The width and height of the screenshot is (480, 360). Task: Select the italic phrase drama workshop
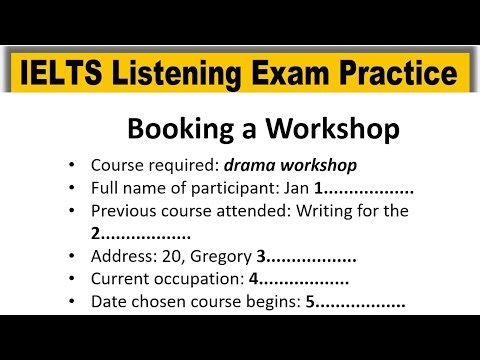click(x=290, y=165)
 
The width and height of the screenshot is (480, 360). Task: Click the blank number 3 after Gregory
click(x=262, y=257)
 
